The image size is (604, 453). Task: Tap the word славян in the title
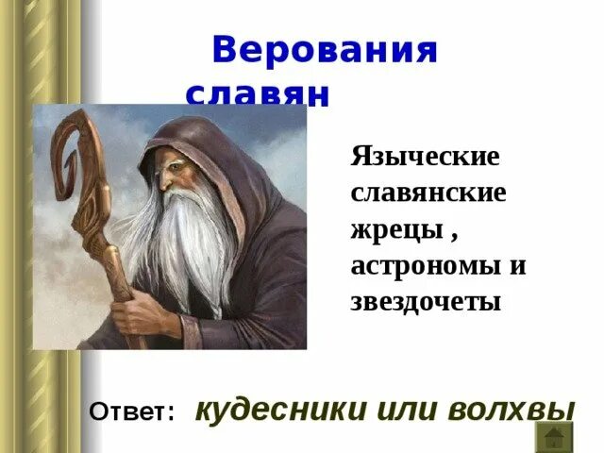[x=257, y=94]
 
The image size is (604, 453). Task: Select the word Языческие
[x=424, y=156]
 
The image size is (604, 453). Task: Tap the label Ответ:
[x=132, y=411]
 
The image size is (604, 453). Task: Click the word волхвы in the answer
[x=508, y=410]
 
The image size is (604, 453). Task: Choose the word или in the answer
[x=394, y=410]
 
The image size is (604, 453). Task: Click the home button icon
[x=554, y=435]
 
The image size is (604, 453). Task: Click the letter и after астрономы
[x=517, y=266]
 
